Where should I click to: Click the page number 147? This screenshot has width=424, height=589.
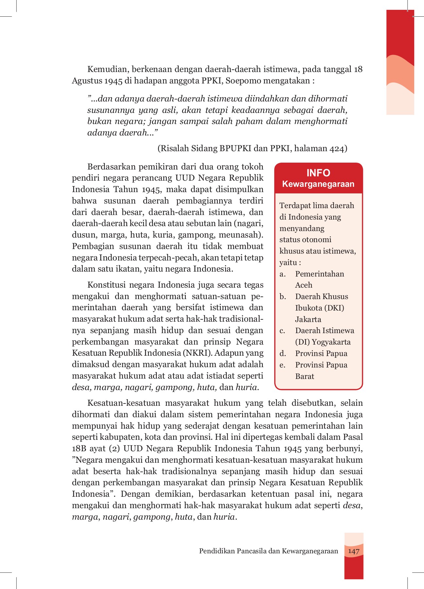[x=354, y=551]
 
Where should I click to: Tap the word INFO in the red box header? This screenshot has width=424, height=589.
[x=318, y=173]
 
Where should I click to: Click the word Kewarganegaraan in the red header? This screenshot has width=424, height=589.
[x=318, y=184]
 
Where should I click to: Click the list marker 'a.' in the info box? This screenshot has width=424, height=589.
[x=283, y=274]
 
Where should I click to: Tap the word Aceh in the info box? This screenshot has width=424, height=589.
[x=304, y=285]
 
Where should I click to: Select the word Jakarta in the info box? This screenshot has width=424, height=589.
[x=308, y=319]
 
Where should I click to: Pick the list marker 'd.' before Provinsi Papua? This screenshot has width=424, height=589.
[x=283, y=353]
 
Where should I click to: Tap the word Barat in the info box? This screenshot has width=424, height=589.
[x=304, y=376]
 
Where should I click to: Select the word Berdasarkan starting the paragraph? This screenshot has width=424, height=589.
[x=110, y=167]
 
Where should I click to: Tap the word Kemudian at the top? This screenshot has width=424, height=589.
[x=107, y=69]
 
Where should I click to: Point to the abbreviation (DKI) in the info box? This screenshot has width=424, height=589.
[x=334, y=308]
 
